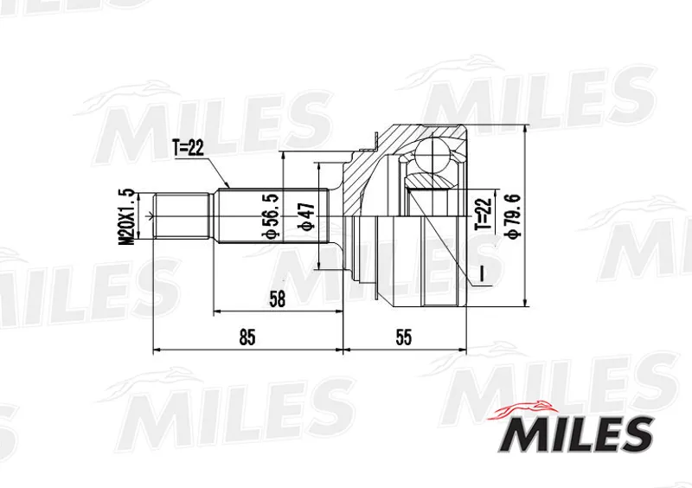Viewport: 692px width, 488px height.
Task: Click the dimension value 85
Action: [x=247, y=337]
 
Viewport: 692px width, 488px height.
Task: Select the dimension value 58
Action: [x=277, y=299]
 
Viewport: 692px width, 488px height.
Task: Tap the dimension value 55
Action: [x=403, y=337]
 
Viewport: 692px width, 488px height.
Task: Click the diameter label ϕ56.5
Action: [x=269, y=217]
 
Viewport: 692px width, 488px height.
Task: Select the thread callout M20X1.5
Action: [x=126, y=216]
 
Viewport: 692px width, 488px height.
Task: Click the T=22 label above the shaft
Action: [x=189, y=148]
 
